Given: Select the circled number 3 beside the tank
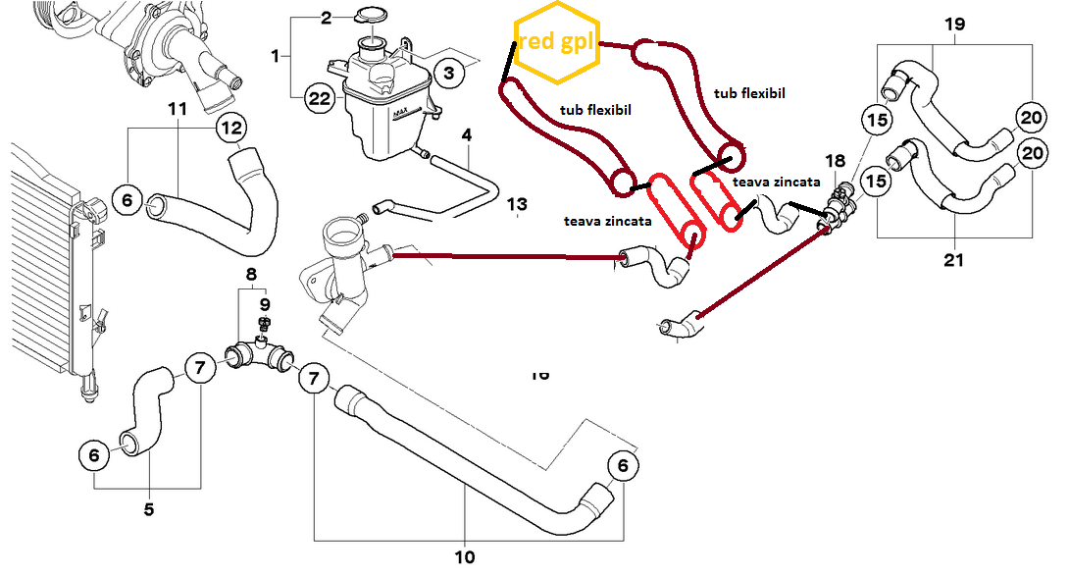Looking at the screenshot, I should tap(447, 73).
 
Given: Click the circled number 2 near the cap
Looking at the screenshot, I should tap(328, 18).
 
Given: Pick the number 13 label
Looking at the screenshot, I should tap(518, 204).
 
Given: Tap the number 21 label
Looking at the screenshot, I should tap(954, 260).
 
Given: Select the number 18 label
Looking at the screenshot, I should tap(835, 161).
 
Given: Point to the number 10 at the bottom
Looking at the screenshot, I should tap(465, 557).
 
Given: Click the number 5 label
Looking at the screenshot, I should tap(149, 509).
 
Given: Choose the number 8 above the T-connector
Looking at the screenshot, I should tap(251, 274).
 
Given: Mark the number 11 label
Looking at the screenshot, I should tap(178, 109).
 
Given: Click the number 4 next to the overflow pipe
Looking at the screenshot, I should tap(467, 133).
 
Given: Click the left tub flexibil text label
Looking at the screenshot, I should tap(594, 110).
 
